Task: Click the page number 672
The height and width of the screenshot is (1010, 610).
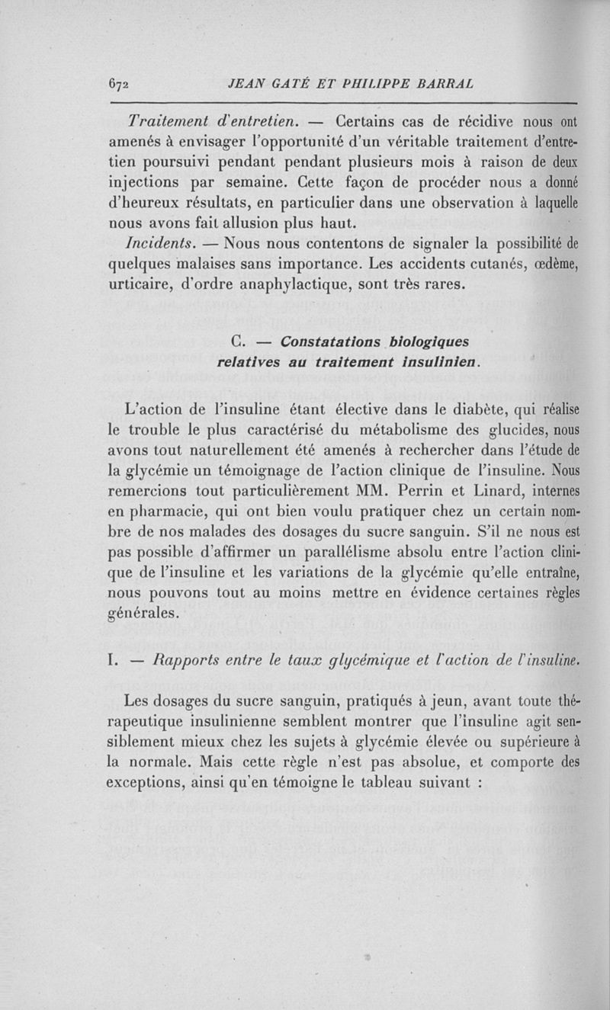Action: click(119, 85)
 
